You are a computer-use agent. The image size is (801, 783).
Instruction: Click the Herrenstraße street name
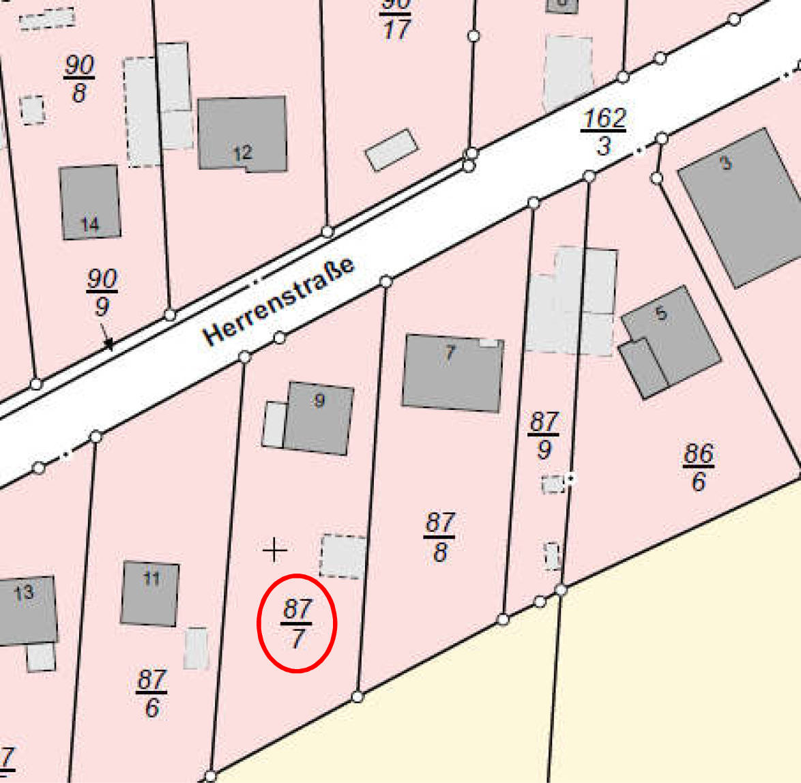click(x=279, y=301)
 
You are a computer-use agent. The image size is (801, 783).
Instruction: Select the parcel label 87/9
click(x=544, y=436)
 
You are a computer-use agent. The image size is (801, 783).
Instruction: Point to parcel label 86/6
click(x=698, y=467)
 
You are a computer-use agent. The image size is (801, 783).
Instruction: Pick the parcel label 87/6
click(x=151, y=694)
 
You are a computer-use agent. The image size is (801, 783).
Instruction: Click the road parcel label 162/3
click(x=604, y=132)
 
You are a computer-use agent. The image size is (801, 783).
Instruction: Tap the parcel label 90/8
click(x=79, y=79)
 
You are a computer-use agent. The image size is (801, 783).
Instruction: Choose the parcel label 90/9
click(x=102, y=292)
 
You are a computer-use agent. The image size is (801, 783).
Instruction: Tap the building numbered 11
click(x=150, y=593)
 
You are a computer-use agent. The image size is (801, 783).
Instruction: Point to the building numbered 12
click(x=242, y=133)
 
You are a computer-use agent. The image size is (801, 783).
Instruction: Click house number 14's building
click(x=90, y=203)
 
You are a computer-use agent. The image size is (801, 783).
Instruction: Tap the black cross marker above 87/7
click(x=274, y=550)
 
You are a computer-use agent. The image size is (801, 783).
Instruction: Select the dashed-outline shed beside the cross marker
click(x=343, y=556)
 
